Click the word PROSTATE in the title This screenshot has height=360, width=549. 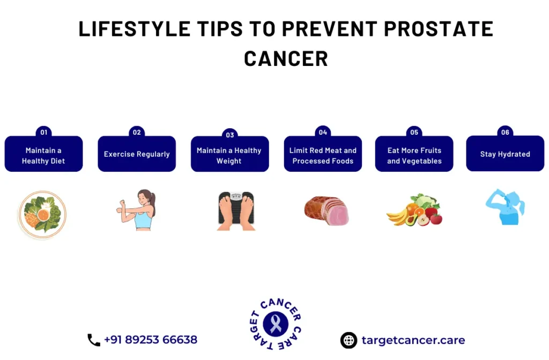(439, 28)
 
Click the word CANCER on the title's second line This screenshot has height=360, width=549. (286, 58)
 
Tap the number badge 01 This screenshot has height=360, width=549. (44, 132)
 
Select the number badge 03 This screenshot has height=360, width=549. (229, 135)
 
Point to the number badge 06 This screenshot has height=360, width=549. (505, 132)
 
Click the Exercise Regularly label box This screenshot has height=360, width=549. (137, 154)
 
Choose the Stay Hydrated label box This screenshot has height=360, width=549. (505, 153)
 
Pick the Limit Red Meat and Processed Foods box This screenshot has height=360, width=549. (323, 154)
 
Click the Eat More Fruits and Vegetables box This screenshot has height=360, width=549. (414, 154)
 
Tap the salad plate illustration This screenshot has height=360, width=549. (43, 215)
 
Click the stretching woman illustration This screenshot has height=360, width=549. (137, 210)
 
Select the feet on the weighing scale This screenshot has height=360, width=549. (236, 211)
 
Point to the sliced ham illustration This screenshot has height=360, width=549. (327, 210)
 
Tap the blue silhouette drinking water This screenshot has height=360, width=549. (505, 207)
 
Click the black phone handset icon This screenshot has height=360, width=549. (93, 340)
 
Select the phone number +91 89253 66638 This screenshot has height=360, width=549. (151, 340)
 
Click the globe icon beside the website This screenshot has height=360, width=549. (348, 340)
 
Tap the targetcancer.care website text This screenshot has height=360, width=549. (413, 340)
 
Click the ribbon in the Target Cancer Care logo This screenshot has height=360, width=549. (276, 324)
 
